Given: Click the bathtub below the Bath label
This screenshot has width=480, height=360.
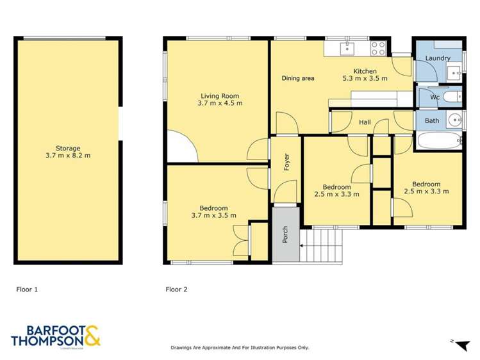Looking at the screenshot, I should click(438, 141).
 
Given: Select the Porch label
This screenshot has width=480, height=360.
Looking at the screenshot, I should click(285, 236).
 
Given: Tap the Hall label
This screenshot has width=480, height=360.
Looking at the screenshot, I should click(365, 122).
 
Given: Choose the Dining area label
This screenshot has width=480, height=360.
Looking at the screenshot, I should click(298, 78).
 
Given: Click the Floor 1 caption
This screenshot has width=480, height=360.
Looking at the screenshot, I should click(27, 290).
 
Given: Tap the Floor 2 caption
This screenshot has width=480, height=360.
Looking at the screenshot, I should click(176, 290).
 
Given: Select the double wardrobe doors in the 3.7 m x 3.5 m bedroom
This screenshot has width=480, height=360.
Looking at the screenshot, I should click(240, 239).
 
